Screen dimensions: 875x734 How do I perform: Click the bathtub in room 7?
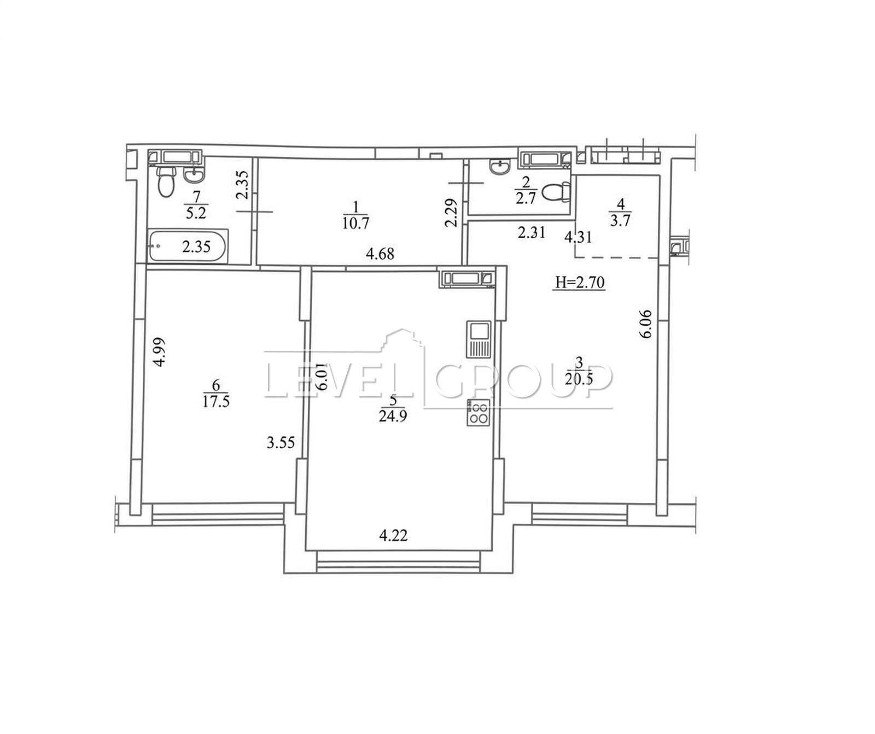click(x=188, y=246)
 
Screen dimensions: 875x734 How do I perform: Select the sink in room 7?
click(x=194, y=175)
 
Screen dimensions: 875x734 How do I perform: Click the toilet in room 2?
click(x=556, y=192)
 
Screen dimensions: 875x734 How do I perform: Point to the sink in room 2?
click(x=500, y=167)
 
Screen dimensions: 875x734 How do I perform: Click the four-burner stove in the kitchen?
click(x=479, y=413)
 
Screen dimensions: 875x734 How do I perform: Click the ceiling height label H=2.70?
click(x=580, y=283)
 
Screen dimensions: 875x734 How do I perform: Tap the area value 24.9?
click(x=393, y=417)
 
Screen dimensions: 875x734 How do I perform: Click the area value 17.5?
click(x=216, y=402)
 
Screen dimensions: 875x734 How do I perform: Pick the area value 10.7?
click(x=355, y=223)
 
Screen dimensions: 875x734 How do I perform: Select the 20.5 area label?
click(x=580, y=379)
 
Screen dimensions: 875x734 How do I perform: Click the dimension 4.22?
click(x=394, y=535)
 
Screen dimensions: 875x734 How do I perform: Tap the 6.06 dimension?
click(x=646, y=324)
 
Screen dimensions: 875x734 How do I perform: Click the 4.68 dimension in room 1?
click(x=380, y=254)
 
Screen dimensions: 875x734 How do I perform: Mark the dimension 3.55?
click(x=281, y=442)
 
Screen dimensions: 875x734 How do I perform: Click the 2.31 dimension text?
click(x=531, y=233)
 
